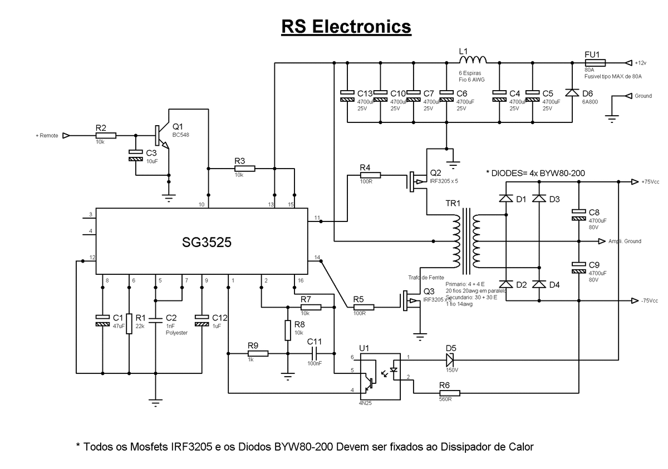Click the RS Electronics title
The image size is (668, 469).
(346, 26)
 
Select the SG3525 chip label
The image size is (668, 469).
(207, 243)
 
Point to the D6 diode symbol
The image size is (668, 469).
(572, 92)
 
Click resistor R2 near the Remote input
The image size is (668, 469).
(105, 135)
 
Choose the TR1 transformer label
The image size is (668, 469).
(451, 204)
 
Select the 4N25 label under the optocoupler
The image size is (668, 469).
(365, 402)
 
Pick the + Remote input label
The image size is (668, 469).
(47, 135)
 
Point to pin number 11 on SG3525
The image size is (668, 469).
(317, 217)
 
